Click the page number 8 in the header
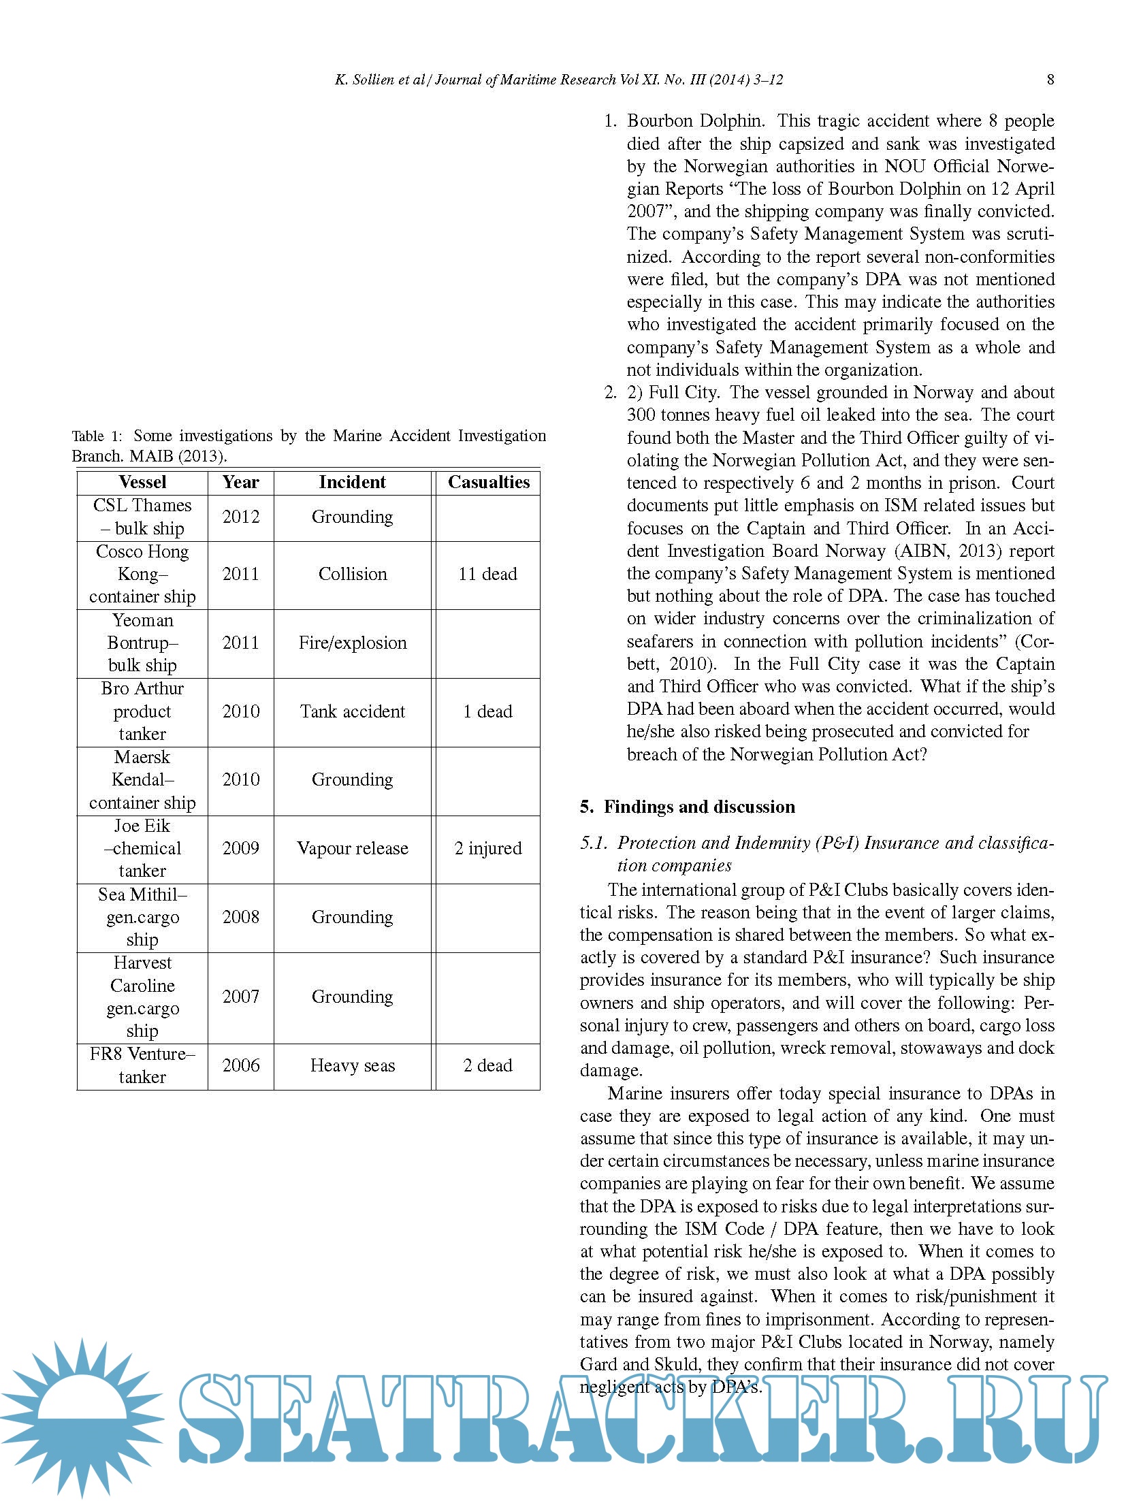click(x=1050, y=80)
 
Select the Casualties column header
click(x=488, y=482)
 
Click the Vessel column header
click(x=142, y=482)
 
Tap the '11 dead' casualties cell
click(x=487, y=574)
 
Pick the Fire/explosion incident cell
click(x=352, y=643)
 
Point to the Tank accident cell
click(x=352, y=711)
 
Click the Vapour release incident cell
click(x=352, y=848)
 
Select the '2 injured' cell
click(x=487, y=848)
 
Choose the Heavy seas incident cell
click(x=352, y=1065)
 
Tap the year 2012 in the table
click(x=241, y=517)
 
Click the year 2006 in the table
click(x=241, y=1065)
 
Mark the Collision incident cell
click(x=352, y=574)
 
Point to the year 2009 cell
click(x=241, y=848)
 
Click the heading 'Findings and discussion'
click(x=699, y=807)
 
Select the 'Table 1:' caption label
click(x=97, y=436)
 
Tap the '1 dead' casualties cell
click(x=487, y=711)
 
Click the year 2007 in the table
click(x=241, y=997)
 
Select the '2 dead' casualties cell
click(x=487, y=1065)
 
